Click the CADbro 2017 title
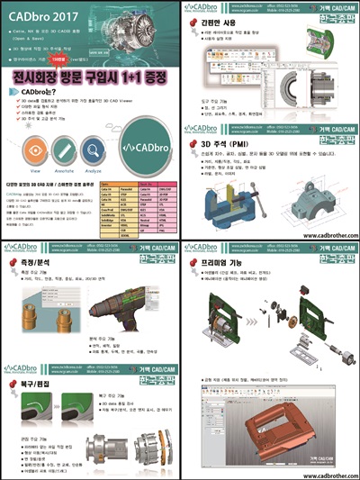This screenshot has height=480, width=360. coord(41,14)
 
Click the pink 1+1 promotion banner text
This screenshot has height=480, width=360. coord(90,86)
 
